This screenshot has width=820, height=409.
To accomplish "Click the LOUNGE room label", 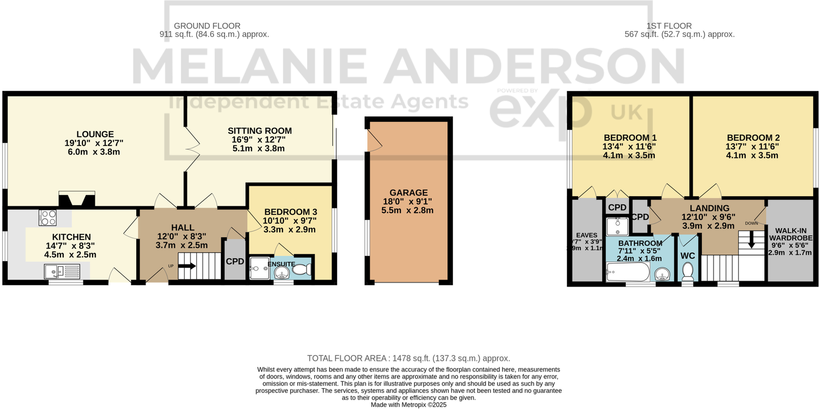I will pos(95,134).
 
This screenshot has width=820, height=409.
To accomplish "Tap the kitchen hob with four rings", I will pos(48,218).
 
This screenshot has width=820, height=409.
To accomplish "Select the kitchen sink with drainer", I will pos(62,272).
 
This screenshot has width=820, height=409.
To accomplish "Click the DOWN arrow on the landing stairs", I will pos(751,241).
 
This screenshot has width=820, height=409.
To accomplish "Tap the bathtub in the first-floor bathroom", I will pos(628,272).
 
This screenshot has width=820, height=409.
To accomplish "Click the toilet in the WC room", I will pos(687,271).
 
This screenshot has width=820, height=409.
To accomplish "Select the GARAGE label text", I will pos(408,192).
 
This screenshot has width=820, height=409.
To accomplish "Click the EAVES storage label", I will pos(586,235).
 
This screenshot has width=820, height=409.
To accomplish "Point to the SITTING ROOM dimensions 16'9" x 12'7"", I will pos(259,140).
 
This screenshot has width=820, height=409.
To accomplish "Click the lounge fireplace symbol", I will pos(76,199).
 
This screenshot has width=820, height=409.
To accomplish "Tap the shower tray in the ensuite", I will pos(259,268).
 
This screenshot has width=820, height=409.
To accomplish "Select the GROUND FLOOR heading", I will pos(207,26).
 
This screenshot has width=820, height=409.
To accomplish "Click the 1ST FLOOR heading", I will pos(669,26).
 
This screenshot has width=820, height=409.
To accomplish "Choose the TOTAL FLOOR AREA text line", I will pos(408,358).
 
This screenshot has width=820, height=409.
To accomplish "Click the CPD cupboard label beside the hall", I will pos(235,261).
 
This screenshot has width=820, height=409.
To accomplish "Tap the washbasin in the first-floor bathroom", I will pos(662,275).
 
